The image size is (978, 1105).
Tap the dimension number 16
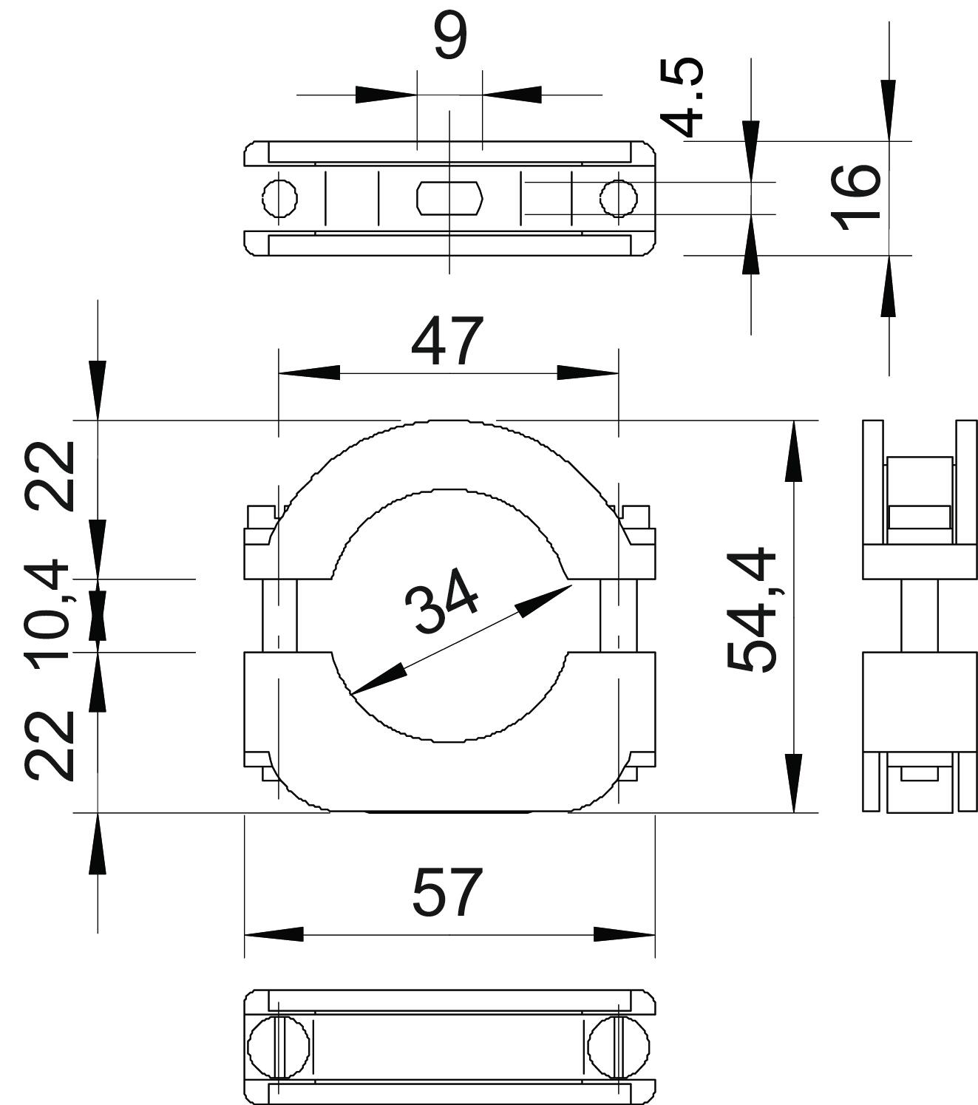pyautogui.click(x=855, y=197)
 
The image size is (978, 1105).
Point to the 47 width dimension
pyautogui.click(x=447, y=342)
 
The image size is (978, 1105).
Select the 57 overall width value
pyautogui.click(x=448, y=893)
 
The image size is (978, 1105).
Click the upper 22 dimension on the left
pyautogui.click(x=50, y=475)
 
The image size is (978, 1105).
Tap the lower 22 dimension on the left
pyautogui.click(x=50, y=744)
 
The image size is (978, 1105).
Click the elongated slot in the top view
pyautogui.click(x=449, y=197)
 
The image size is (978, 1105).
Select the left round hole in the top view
pyautogui.click(x=280, y=197)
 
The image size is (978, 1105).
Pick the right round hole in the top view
pyautogui.click(x=618, y=197)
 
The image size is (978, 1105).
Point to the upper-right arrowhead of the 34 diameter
pyautogui.click(x=544, y=601)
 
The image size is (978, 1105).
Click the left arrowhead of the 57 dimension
pyautogui.click(x=274, y=934)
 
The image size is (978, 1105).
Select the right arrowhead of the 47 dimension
pyautogui.click(x=588, y=373)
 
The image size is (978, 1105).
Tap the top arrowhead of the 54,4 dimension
pyautogui.click(x=793, y=451)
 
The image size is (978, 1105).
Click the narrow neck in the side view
pyautogui.click(x=919, y=615)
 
